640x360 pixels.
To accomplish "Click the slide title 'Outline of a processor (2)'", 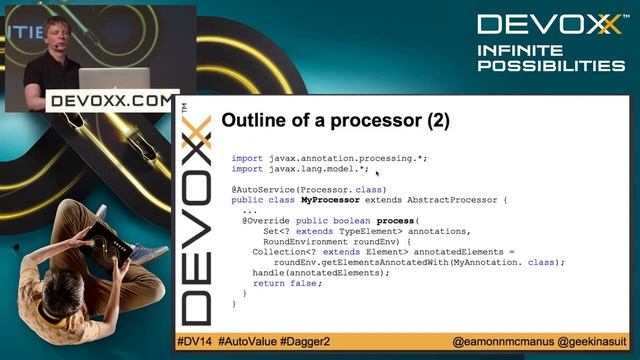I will (x=335, y=122).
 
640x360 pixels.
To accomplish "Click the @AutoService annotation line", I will (x=294, y=189).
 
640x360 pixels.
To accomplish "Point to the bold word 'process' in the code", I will (x=396, y=221).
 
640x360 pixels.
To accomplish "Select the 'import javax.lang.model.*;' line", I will (x=299, y=169).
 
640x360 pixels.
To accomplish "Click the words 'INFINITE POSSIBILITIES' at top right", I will (x=550, y=57).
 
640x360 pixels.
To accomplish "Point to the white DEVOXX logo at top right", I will (x=549, y=24).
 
